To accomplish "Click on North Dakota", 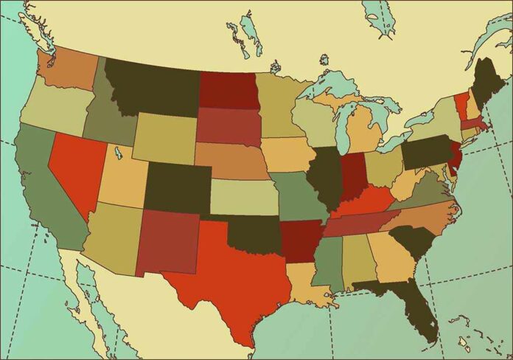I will coord(228,90).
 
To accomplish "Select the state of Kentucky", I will coord(365,203).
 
